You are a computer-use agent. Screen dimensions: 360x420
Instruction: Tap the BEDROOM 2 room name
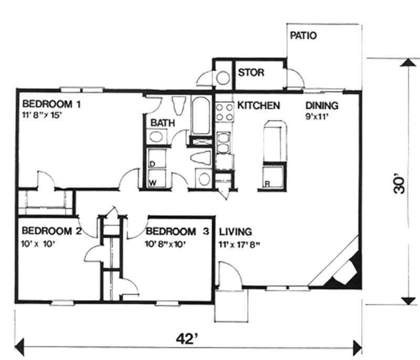pyautogui.click(x=50, y=231)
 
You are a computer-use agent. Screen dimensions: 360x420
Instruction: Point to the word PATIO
pyautogui.click(x=303, y=36)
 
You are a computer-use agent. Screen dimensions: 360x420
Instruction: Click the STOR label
pyautogui.click(x=251, y=72)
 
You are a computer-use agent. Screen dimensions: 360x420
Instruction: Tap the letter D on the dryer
pyautogui.click(x=152, y=165)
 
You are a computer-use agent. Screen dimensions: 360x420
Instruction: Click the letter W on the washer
pyautogui.click(x=153, y=183)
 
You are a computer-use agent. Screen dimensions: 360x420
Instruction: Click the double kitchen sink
pyautogui.click(x=224, y=143)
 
